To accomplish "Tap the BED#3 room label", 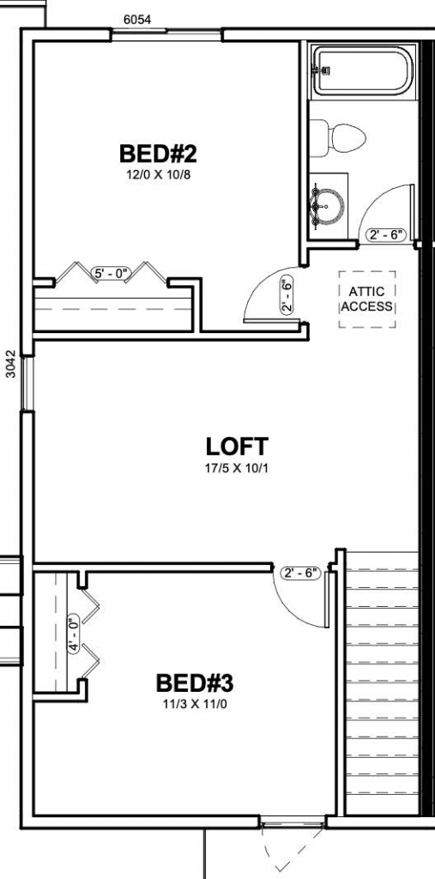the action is (194, 683).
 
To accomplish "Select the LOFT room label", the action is (237, 446).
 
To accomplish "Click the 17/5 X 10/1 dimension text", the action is (237, 468).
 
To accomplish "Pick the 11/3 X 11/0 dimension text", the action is (194, 705).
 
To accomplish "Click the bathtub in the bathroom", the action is (363, 71).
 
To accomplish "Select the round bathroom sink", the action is (329, 206).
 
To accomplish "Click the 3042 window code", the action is (11, 364).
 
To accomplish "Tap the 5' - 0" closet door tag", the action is (111, 275).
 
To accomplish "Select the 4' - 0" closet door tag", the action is (74, 634).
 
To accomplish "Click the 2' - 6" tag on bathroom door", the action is (386, 235).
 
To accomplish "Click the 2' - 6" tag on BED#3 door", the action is (299, 573).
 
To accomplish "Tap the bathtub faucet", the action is (321, 70).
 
